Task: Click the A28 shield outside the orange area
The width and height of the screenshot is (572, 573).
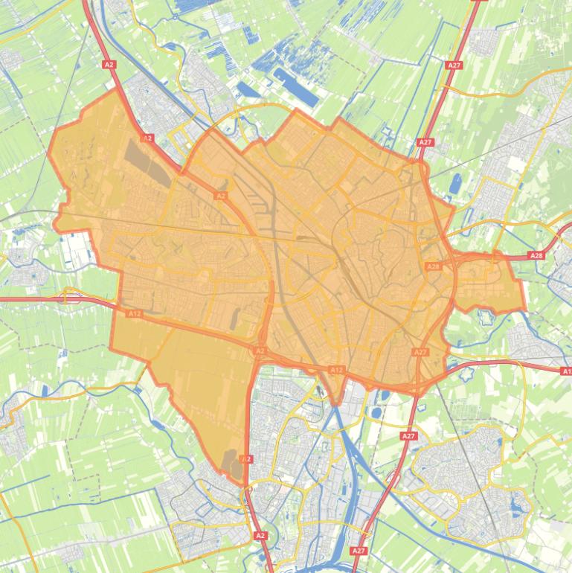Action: pos(536,255)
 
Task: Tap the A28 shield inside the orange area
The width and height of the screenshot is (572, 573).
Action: pos(433,266)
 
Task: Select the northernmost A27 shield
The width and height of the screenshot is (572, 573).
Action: pos(454,65)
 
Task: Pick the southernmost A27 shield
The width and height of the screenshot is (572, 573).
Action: pos(359,551)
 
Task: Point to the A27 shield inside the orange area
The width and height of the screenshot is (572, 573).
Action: pos(420,352)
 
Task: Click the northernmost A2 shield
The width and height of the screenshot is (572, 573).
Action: pos(109,65)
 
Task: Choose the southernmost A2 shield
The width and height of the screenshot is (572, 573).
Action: pos(260,535)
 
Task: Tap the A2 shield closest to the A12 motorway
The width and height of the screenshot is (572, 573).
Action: pos(260,350)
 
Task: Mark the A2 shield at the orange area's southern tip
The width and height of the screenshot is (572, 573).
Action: pos(247,459)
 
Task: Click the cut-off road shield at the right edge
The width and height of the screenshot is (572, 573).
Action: pos(566,371)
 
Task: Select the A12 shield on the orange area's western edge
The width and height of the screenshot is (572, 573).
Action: pos(134,314)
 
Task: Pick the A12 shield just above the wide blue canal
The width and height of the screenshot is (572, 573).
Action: pos(337,370)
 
